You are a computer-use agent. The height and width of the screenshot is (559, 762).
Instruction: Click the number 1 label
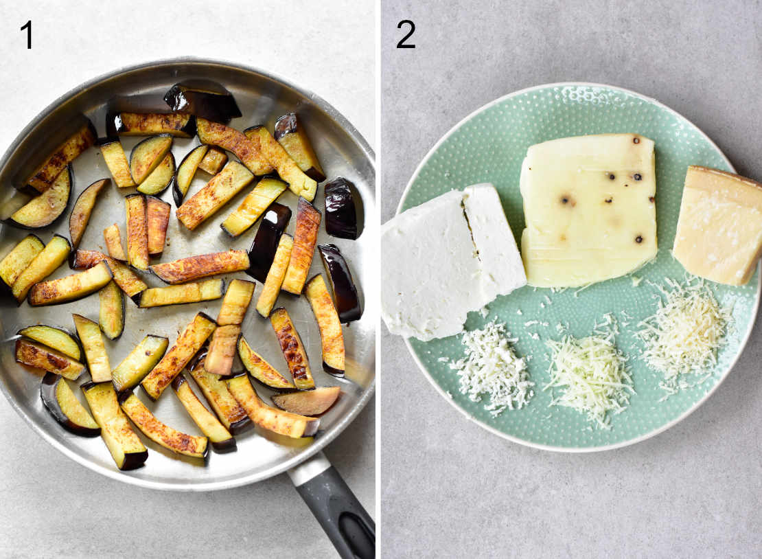point(26,34)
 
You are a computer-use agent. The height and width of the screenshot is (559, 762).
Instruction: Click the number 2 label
point(406,34)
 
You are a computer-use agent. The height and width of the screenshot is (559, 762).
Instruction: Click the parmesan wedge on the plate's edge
point(717,227)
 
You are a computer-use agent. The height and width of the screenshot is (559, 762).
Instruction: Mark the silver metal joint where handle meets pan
point(309,470)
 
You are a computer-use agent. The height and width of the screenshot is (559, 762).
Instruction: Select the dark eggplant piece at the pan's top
point(202,100)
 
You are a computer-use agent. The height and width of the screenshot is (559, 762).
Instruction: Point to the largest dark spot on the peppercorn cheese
point(566,201)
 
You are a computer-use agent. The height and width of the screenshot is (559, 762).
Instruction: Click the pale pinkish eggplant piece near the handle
point(306,400)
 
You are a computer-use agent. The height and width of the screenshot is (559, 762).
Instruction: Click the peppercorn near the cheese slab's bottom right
point(639,239)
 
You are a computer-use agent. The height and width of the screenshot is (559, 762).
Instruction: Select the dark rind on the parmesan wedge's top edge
point(721,174)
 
